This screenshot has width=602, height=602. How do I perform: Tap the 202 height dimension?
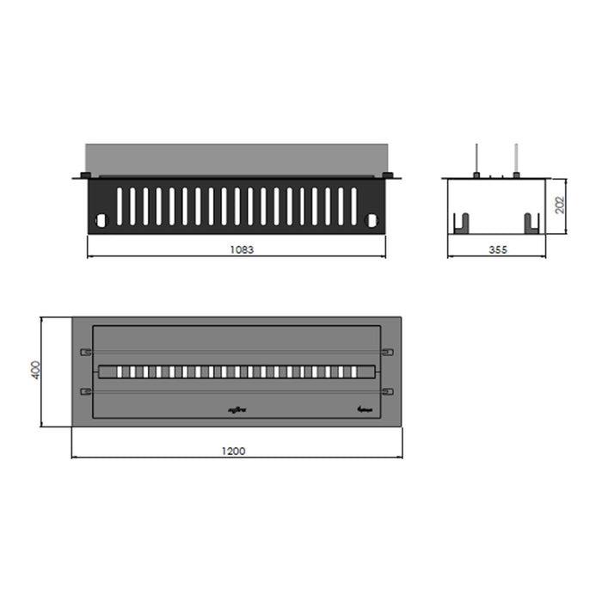[559, 205]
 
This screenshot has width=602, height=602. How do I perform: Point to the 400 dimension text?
[34, 371]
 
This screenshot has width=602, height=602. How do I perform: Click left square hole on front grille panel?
[101, 220]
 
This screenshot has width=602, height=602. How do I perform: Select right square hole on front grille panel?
[372, 220]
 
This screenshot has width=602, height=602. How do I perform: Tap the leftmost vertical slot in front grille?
[120, 206]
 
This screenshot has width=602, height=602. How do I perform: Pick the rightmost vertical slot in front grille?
[353, 206]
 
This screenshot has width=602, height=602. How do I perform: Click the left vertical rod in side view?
[476, 160]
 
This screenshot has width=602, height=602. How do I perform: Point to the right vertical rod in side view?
[516, 160]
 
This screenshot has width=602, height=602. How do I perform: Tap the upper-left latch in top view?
[85, 352]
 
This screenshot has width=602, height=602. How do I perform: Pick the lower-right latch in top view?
[387, 392]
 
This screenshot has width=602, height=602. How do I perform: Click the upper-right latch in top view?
[387, 352]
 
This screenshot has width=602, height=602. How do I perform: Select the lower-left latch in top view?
[85, 392]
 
